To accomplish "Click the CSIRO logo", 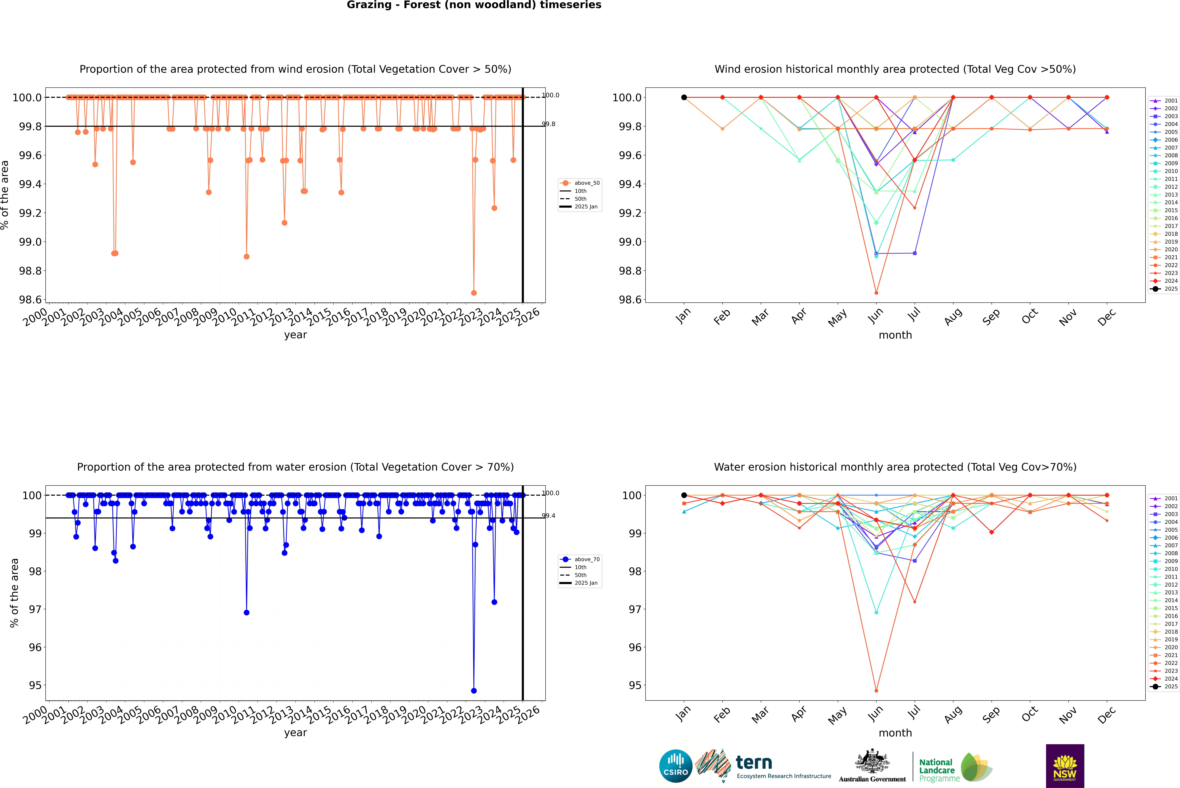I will pyautogui.click(x=676, y=766).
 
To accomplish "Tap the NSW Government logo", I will pyautogui.click(x=1065, y=766).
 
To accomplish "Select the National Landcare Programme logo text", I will pyautogui.click(x=937, y=770).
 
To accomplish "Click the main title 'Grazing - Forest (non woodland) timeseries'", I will pyautogui.click(x=474, y=5).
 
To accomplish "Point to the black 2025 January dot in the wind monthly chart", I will pyautogui.click(x=684, y=98).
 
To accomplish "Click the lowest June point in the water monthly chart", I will pyautogui.click(x=876, y=690).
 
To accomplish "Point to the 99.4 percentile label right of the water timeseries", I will pyautogui.click(x=548, y=516).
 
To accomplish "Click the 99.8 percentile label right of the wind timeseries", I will pyautogui.click(x=548, y=124).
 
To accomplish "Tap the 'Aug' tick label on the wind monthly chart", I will pyautogui.click(x=953, y=317).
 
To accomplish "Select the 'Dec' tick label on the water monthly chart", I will pyautogui.click(x=1107, y=715).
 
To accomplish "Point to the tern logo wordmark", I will pyautogui.click(x=753, y=763).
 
